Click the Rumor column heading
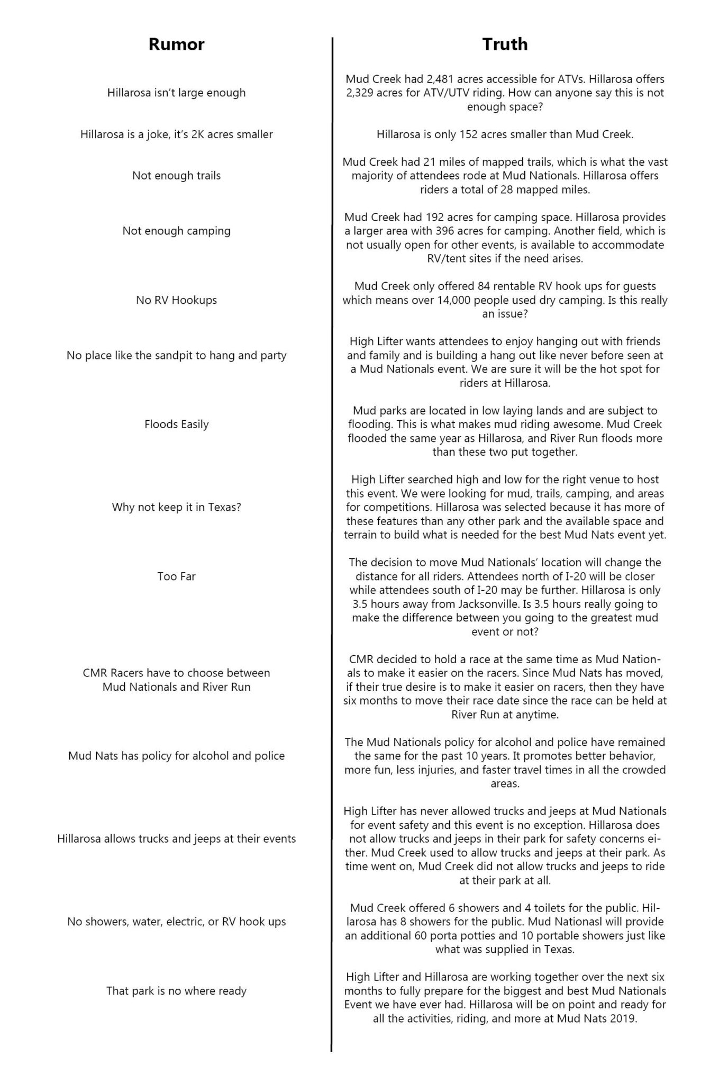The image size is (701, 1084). tap(176, 44)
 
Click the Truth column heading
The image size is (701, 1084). tap(504, 44)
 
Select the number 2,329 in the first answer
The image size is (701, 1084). tap(361, 93)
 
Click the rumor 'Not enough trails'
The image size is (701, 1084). tap(176, 176)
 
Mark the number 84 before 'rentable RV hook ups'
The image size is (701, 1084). tap(439, 286)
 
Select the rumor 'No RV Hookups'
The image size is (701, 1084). tap(176, 300)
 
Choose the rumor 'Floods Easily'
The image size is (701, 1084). tap(176, 424)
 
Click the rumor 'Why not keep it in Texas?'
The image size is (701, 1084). tap(176, 507)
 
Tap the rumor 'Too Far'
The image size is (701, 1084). tap(176, 576)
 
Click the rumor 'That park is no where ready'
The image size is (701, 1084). tap(176, 990)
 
